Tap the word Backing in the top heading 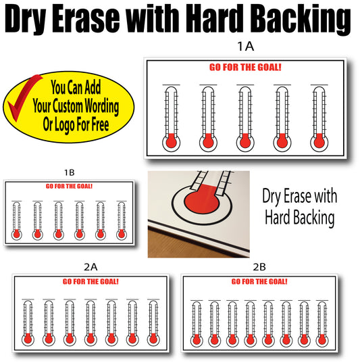coord(301,20)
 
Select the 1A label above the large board coord(245,46)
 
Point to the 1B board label coord(69,172)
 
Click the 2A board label coord(91,267)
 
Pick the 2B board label coord(259,267)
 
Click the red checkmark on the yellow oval coord(22,98)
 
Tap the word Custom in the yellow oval coord(68,106)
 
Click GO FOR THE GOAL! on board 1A coord(245,68)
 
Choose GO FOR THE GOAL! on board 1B coord(69,187)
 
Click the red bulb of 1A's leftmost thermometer coord(171,141)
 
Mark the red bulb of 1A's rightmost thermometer coord(319,141)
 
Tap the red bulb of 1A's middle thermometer coord(245,141)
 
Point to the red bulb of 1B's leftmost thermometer coord(17,234)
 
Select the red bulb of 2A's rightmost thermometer coord(153,339)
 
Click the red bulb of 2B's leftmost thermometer coord(197,339)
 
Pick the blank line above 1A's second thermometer coord(208,85)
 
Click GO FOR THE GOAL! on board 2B coord(259,281)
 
